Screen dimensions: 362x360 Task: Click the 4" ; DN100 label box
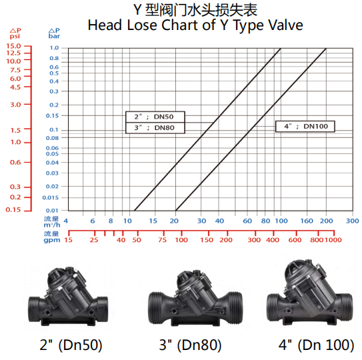tap(305, 126)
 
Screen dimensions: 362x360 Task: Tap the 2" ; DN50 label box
tap(155, 117)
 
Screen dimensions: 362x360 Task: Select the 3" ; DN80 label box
tap(155, 128)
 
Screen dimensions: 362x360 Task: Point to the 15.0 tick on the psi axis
tap(13, 46)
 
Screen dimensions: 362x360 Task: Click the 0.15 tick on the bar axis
tap(52, 115)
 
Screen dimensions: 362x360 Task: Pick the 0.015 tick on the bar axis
tap(50, 197)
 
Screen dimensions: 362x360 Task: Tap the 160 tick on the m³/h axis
tap(307, 221)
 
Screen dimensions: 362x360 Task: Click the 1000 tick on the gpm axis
tap(333, 240)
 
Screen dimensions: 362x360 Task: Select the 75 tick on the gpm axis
tap(162, 240)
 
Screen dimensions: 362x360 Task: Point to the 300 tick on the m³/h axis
tap(352, 221)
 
